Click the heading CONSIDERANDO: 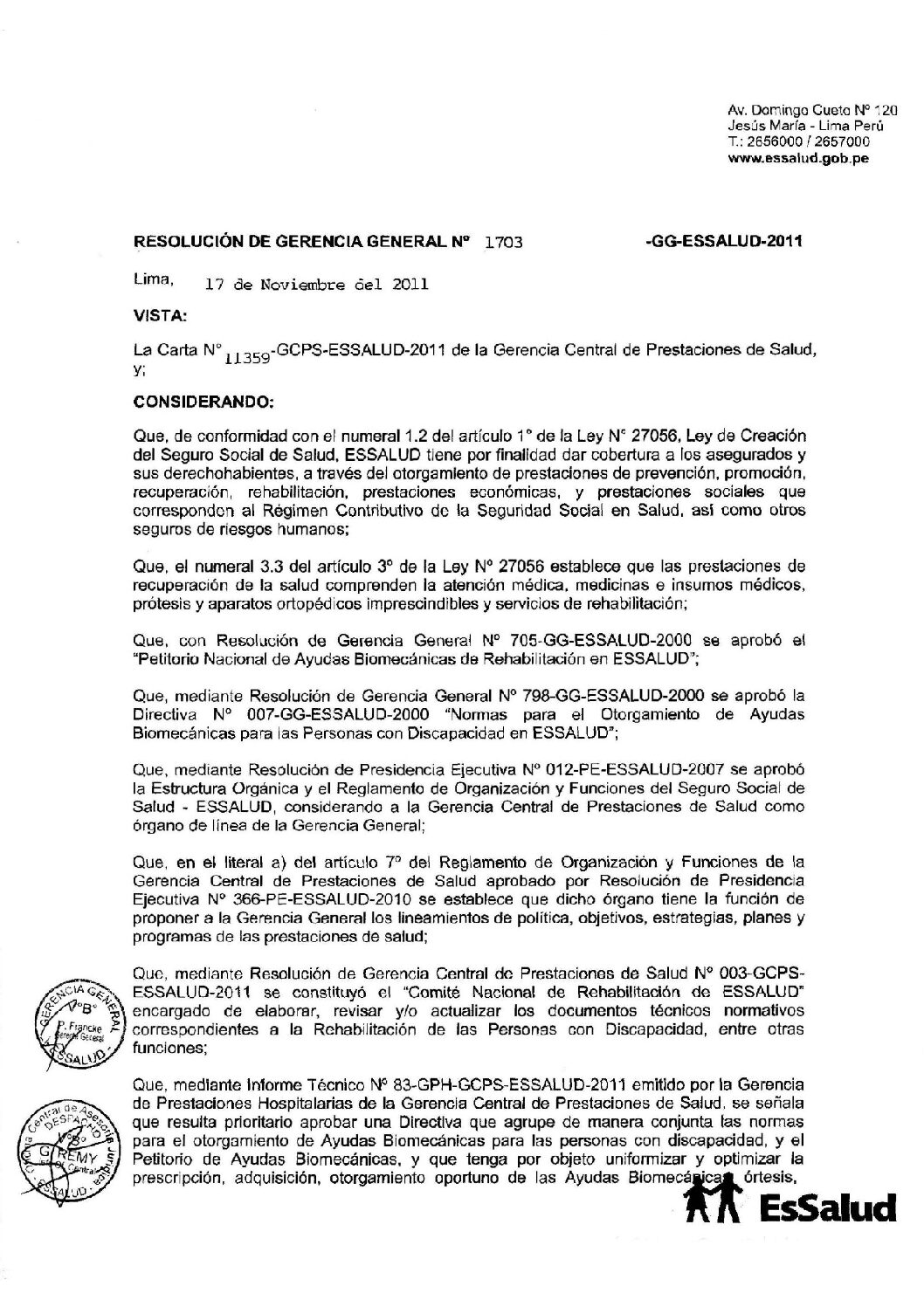[x=203, y=403]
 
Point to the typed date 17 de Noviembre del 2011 [x=315, y=284]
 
